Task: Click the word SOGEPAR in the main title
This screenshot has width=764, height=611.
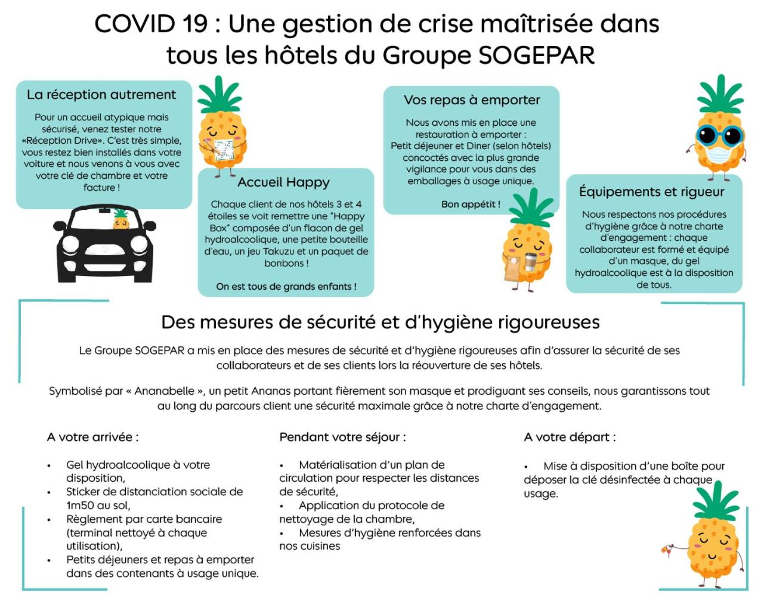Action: click(x=537, y=55)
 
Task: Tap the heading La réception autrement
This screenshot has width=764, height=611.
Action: click(x=101, y=95)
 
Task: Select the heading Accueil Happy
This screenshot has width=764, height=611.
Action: click(x=283, y=182)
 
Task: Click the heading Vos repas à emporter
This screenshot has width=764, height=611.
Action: click(x=472, y=100)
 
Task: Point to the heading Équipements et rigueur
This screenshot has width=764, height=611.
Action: click(x=652, y=192)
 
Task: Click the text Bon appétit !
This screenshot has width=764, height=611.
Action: click(x=471, y=204)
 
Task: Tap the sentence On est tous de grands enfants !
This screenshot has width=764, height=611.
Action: click(x=286, y=287)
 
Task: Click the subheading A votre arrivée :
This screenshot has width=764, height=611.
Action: click(x=93, y=438)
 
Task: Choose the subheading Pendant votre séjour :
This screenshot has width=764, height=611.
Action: click(x=343, y=438)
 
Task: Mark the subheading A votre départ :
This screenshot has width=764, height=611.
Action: click(x=570, y=438)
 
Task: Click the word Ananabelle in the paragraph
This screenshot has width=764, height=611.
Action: click(x=165, y=392)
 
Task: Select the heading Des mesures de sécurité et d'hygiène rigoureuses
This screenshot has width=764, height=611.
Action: click(x=381, y=322)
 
